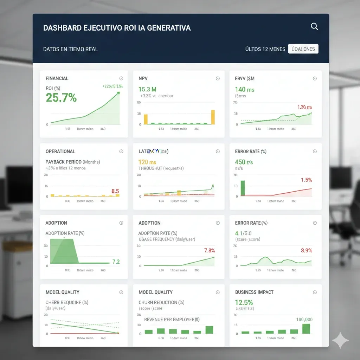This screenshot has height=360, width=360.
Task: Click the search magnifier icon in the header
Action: coord(314,27)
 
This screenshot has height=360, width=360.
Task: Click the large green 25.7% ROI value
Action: coord(61,98)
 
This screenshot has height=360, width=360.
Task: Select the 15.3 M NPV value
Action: coord(147,89)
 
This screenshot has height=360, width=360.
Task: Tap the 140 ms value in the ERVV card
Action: coord(245,89)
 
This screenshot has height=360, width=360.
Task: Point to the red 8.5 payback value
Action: coord(115,191)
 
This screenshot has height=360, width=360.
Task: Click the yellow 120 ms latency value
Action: coord(147,162)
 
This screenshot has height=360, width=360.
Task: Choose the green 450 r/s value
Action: coord(244,162)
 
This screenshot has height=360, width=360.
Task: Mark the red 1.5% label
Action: coord(306,180)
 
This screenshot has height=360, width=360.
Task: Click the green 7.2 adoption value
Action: coord(116,262)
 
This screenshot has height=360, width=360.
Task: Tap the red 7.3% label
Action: coord(209,251)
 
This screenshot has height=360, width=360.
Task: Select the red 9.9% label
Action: coord(307,251)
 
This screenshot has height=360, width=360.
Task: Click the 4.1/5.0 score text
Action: coord(243,233)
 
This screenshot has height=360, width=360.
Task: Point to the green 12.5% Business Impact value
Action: coord(244,302)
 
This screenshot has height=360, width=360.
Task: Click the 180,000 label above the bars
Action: coord(304,320)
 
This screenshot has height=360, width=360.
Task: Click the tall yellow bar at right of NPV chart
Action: coord(213,117)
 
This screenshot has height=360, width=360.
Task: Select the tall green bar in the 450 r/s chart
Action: coord(242,188)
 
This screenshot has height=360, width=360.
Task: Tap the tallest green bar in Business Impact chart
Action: coord(306,329)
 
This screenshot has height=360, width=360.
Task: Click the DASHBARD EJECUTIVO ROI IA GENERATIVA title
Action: coord(117,28)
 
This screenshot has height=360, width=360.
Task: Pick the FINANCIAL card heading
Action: coord(57,78)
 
